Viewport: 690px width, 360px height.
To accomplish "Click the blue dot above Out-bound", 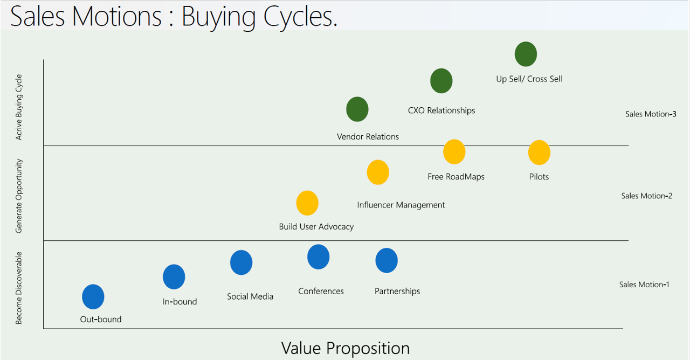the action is click(x=93, y=296).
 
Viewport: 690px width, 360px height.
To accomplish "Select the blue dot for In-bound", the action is click(x=174, y=277).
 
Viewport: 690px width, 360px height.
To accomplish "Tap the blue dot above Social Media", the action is click(x=241, y=262).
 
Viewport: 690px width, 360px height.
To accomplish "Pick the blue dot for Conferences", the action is click(x=319, y=257).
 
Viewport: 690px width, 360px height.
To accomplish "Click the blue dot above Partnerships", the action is click(x=387, y=260).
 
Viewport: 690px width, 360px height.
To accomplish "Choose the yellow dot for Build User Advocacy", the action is click(x=307, y=203).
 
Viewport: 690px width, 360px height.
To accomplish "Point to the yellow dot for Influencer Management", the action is click(x=378, y=172).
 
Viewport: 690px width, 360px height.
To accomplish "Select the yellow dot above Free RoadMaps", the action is click(x=454, y=152).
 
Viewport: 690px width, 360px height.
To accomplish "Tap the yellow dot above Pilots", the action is click(x=540, y=153).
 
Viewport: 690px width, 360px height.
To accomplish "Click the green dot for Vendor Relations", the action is click(x=357, y=109).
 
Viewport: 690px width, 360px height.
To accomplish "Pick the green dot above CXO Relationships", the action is click(x=441, y=81).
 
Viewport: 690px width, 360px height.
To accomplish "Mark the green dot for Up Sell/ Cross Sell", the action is click(x=526, y=54).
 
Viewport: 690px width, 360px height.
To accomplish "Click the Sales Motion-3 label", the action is click(x=651, y=114).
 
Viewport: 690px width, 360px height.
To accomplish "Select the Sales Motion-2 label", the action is click(x=646, y=196).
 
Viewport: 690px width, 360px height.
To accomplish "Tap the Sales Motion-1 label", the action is click(x=644, y=285).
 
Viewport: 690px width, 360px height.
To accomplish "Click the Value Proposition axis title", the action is click(x=346, y=349).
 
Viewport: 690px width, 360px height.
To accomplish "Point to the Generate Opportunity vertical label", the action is click(x=19, y=196).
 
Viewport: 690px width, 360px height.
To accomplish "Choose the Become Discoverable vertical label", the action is click(x=19, y=288).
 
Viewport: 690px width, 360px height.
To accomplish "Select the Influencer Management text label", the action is click(x=401, y=205).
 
